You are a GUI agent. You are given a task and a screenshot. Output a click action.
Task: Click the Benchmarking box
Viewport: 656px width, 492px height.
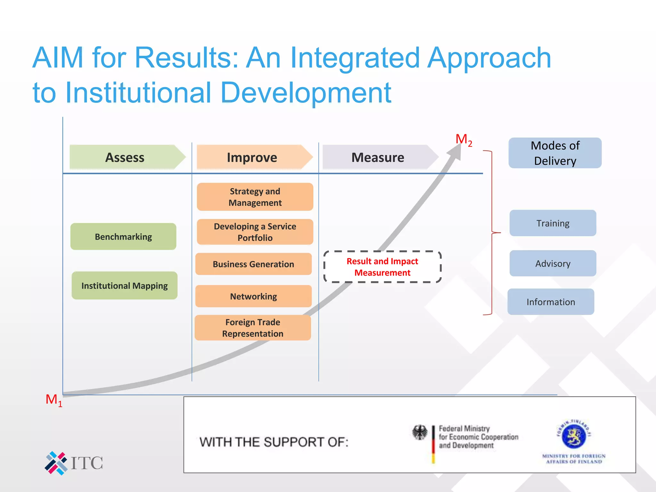(x=123, y=237)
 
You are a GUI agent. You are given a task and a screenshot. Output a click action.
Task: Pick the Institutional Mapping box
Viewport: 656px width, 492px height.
(x=125, y=285)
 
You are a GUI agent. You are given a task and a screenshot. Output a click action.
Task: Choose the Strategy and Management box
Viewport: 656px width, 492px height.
(x=255, y=197)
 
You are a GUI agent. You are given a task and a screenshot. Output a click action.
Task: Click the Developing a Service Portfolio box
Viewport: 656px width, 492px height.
(x=255, y=232)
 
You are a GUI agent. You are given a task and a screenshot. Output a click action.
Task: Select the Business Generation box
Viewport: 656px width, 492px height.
(x=253, y=264)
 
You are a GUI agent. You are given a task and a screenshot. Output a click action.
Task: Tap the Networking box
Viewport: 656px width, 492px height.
(x=253, y=296)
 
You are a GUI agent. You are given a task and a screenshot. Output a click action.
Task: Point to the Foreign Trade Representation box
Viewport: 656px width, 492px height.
(x=253, y=328)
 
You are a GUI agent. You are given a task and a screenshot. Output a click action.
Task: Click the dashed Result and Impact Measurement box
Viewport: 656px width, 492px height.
(x=382, y=267)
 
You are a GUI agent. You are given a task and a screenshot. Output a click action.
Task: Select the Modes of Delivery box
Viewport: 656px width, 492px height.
(x=555, y=153)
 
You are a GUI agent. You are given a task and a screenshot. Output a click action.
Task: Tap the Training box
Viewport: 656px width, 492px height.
(x=553, y=223)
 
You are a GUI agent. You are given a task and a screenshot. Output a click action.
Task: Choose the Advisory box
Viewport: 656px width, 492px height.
(x=553, y=263)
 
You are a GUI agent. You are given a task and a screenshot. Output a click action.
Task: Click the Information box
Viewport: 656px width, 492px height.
(x=551, y=302)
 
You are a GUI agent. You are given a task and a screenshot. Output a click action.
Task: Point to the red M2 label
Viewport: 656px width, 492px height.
(x=463, y=140)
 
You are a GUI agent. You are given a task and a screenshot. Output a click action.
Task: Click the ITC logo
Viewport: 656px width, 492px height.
(x=74, y=463)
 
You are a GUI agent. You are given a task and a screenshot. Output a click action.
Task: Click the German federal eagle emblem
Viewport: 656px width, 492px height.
(x=420, y=432)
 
